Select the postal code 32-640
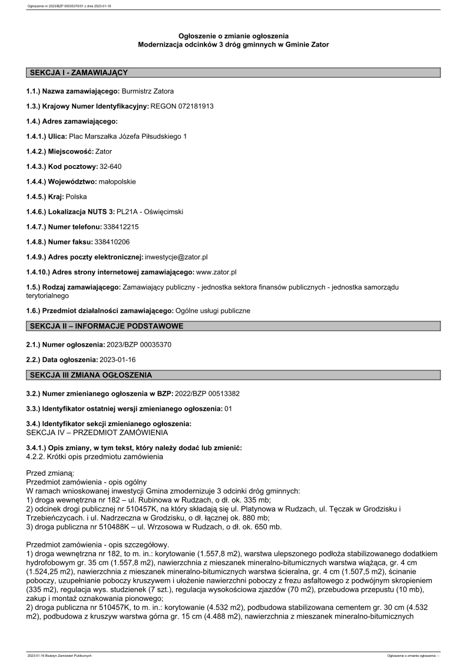[110, 167]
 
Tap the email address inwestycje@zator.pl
[176, 257]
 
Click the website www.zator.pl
[216, 272]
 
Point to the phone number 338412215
[121, 227]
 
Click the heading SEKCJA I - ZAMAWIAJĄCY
[78, 72]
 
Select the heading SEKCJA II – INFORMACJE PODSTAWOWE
[106, 326]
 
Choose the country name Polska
[75, 197]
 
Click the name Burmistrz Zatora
[147, 91]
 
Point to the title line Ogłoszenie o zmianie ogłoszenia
[233, 36]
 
